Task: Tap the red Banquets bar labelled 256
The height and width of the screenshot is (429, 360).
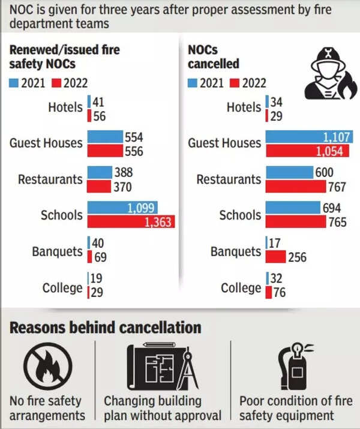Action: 277,257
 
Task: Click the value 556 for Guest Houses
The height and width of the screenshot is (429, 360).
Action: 134,151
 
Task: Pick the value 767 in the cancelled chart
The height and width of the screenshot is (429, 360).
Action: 337,187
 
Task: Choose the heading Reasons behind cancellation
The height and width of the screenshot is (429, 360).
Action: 105,328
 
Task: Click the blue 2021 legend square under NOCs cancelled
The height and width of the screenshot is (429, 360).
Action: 193,83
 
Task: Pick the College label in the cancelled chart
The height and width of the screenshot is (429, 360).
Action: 241,288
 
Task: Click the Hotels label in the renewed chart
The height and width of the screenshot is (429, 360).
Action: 65,107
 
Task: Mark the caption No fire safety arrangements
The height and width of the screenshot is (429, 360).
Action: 48,408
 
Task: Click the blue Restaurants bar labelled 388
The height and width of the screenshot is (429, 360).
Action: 100,173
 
